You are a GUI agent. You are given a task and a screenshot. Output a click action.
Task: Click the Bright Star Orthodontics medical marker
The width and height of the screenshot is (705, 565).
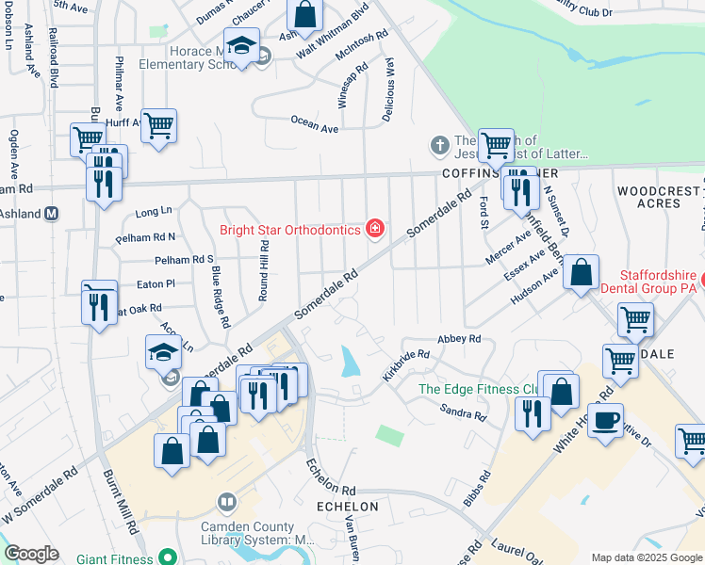click(375, 229)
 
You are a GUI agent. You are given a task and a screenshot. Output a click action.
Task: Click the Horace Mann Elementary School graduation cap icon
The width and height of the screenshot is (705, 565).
click(241, 47)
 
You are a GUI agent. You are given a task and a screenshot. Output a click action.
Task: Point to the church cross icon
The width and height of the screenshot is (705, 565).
click(438, 145)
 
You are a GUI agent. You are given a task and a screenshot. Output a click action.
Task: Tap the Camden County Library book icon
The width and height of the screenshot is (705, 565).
click(225, 501)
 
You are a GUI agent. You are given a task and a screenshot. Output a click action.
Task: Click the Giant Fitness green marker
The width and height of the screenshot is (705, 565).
click(168, 557)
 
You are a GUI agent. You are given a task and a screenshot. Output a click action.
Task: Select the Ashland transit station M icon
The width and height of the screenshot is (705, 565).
click(52, 214)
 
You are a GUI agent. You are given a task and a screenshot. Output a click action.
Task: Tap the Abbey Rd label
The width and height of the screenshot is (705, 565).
click(460, 339)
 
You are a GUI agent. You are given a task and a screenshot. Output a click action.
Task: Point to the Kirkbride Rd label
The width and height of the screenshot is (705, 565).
click(406, 365)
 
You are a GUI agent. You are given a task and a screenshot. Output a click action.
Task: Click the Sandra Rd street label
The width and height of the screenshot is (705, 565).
click(463, 412)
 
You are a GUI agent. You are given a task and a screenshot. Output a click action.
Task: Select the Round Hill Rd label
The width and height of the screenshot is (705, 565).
click(265, 268)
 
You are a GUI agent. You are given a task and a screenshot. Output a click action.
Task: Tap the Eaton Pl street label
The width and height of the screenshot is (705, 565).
click(156, 283)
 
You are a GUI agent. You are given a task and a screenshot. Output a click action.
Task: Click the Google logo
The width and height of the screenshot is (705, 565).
click(31, 554)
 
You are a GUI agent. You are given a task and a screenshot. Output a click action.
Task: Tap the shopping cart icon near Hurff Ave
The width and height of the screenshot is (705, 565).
click(158, 126)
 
